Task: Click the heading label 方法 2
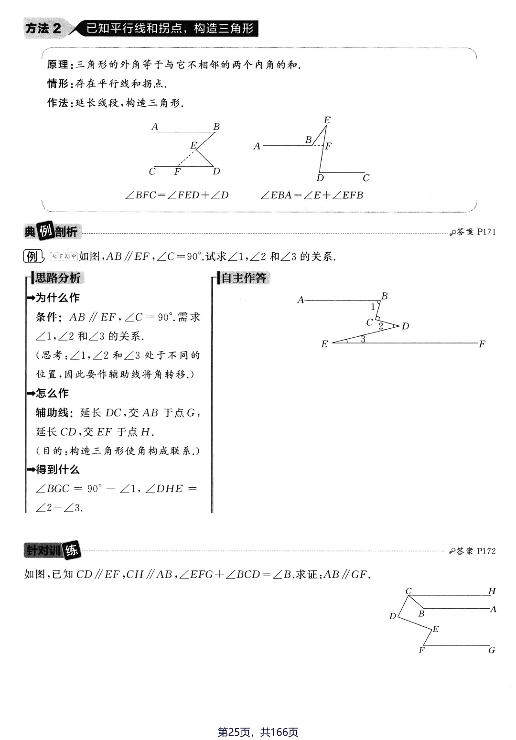point(43,29)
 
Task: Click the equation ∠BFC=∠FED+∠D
point(177,195)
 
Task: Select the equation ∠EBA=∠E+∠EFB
point(312,195)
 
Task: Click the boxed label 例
point(32,257)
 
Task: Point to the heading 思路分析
point(57,278)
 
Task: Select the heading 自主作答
point(244,278)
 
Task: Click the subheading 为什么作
point(57,298)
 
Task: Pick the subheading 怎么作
point(52,393)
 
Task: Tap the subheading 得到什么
point(57,470)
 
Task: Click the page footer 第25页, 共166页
point(258,732)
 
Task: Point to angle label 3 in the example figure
point(363,339)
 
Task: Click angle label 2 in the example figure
point(381,326)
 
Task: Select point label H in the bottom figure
point(492,591)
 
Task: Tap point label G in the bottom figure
point(492,650)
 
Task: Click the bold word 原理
point(57,64)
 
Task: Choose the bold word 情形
point(57,84)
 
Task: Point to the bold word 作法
point(57,103)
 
